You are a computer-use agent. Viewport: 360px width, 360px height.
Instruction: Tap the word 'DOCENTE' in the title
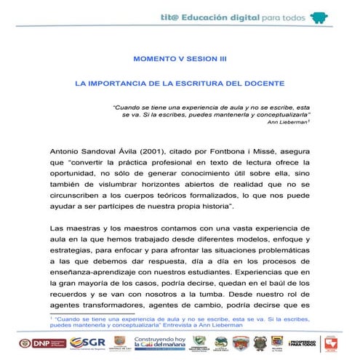(x=263, y=84)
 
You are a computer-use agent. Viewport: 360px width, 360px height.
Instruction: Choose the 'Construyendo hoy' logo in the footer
(x=158, y=343)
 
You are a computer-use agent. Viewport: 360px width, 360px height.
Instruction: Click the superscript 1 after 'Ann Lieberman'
(x=310, y=120)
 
